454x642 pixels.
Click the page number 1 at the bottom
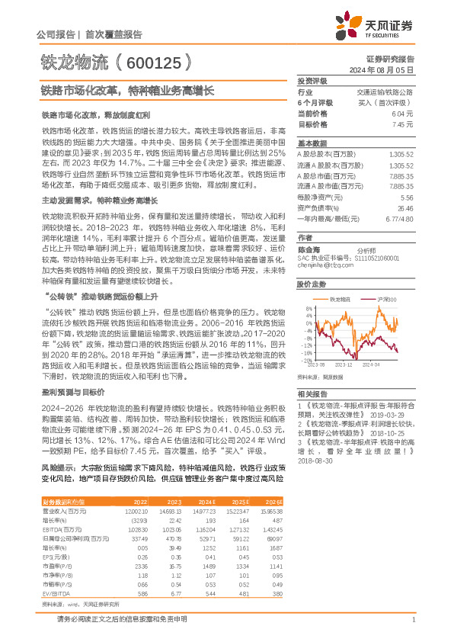coord(413,619)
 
